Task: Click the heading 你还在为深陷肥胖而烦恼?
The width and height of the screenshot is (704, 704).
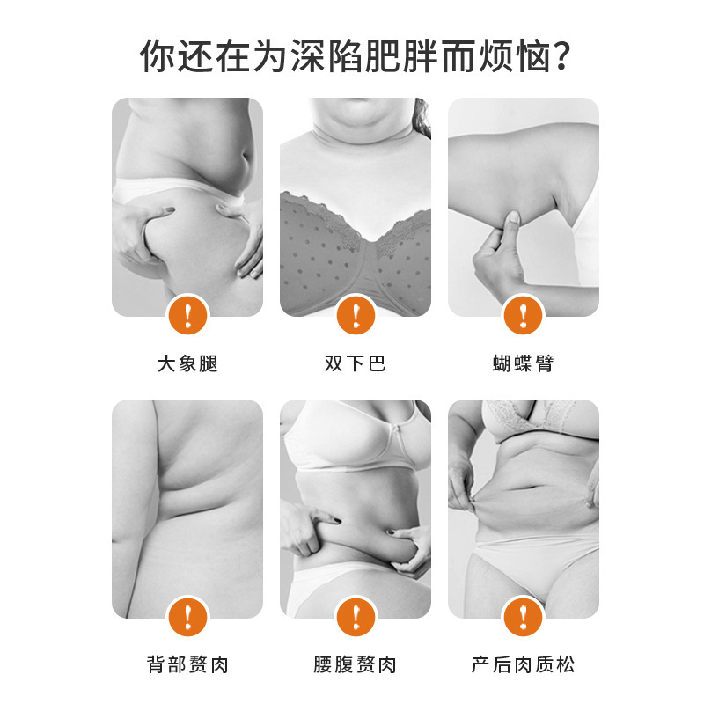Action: coord(355,56)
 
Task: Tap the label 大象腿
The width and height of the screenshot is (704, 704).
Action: coord(187,363)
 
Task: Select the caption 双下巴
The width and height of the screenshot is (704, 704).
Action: coord(356,363)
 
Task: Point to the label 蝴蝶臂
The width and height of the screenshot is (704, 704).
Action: coord(523,363)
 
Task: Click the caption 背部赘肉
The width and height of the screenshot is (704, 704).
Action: coord(187,664)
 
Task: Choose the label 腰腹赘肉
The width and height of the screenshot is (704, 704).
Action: coord(356,664)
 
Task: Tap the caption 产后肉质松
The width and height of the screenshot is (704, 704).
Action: coord(523,664)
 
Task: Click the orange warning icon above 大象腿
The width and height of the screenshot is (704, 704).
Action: coord(187,315)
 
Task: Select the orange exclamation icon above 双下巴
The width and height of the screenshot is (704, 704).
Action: coord(356,315)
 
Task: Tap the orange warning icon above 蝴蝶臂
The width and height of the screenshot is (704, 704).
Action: coord(523,315)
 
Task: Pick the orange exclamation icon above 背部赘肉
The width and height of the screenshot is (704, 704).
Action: coord(187,617)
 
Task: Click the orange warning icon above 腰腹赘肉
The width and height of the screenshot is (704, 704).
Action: coord(356,617)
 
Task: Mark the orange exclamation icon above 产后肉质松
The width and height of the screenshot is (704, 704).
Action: coord(523,617)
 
